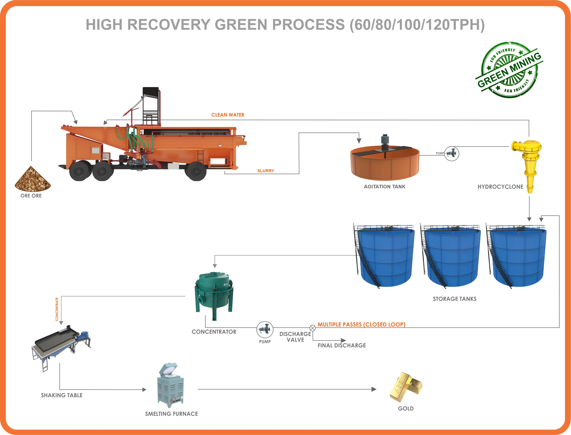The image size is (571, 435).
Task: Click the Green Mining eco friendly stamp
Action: click(509, 70)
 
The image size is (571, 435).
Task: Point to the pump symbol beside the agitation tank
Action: click(452, 153)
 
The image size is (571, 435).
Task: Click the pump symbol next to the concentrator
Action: click(265, 329)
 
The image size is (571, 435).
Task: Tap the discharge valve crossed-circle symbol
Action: click(313, 328)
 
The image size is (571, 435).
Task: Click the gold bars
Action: click(406, 387)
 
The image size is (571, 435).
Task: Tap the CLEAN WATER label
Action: click(228, 115)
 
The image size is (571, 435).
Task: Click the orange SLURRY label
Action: click(265, 171)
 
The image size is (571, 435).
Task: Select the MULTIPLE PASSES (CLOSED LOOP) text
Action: click(361, 324)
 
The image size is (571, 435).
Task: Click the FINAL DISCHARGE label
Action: click(342, 345)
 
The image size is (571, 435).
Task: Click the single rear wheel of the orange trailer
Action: click(196, 171)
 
